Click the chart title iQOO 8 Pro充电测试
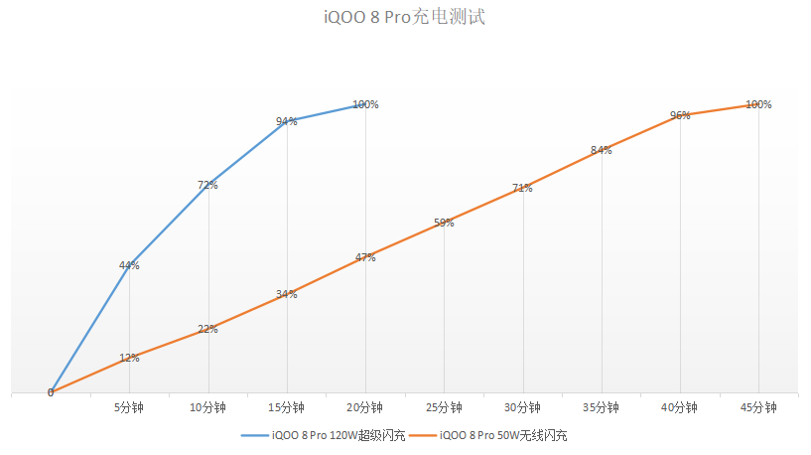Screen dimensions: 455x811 (x=404, y=18)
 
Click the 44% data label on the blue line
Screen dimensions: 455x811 (x=129, y=265)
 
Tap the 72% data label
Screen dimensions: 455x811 (x=207, y=185)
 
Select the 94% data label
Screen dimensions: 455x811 (x=287, y=122)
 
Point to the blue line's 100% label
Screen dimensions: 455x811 (x=365, y=104)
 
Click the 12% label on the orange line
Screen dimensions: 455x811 (x=129, y=358)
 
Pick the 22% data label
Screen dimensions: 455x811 (x=207, y=329)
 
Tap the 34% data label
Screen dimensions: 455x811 (x=287, y=294)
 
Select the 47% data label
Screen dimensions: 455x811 (x=365, y=257)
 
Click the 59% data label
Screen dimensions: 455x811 (x=444, y=223)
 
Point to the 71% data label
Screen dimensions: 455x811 (x=522, y=188)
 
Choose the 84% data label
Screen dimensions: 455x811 (x=601, y=151)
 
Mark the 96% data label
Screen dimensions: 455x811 (x=680, y=115)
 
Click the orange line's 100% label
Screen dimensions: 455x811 (x=758, y=104)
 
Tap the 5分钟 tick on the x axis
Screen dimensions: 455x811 (x=129, y=407)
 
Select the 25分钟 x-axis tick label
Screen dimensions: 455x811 (x=444, y=407)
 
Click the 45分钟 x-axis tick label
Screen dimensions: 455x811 (x=758, y=407)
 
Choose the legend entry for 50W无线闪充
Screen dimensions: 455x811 (x=502, y=435)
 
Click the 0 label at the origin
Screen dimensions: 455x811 (x=51, y=392)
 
